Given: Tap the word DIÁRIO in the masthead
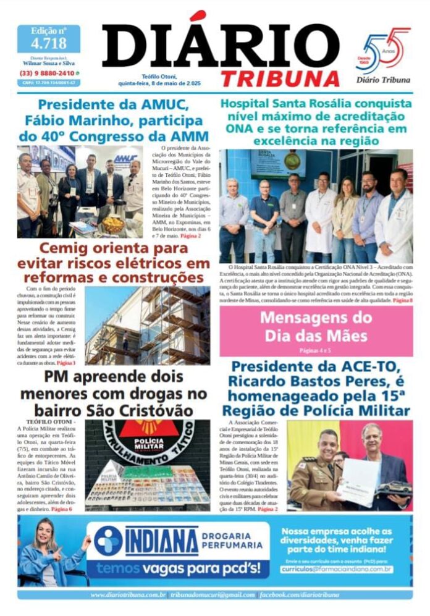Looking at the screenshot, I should point(221,47).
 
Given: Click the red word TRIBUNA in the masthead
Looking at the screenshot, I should point(280,78).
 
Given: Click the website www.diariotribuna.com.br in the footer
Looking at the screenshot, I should point(128,595).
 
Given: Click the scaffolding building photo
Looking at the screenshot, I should point(147,326).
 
